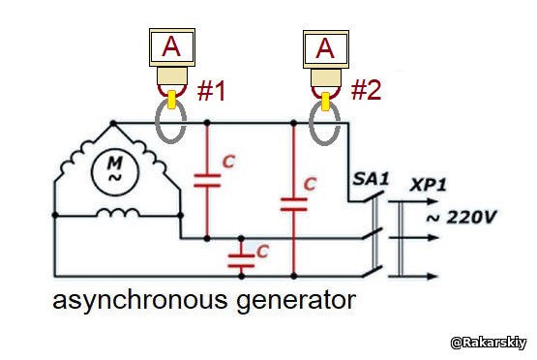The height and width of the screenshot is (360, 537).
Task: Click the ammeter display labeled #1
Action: tap(172, 47)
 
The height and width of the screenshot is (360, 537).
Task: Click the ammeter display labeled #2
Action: tap(326, 49)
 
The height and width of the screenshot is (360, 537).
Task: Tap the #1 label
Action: tap(211, 91)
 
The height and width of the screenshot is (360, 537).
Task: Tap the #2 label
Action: tap(366, 90)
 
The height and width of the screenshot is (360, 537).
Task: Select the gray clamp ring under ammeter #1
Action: tap(156, 122)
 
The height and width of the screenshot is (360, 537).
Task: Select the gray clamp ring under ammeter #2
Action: tap(310, 123)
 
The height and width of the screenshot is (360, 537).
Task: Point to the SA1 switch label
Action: tap(371, 179)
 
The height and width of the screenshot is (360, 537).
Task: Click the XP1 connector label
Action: tap(428, 185)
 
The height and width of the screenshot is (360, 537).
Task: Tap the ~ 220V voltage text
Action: tap(462, 217)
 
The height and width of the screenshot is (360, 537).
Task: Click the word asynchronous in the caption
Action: tap(139, 301)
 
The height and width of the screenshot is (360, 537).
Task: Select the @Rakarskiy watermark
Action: tap(488, 343)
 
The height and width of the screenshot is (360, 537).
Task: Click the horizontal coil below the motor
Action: tap(117, 213)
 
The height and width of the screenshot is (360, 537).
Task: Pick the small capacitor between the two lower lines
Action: tap(242, 260)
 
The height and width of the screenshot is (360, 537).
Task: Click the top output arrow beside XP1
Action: tap(413, 201)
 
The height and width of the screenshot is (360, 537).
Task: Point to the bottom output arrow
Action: tap(413, 276)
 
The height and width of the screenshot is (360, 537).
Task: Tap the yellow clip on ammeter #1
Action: tap(171, 100)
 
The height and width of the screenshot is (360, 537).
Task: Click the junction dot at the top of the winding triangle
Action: tap(112, 123)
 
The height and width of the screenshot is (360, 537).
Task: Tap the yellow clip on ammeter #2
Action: tap(325, 101)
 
